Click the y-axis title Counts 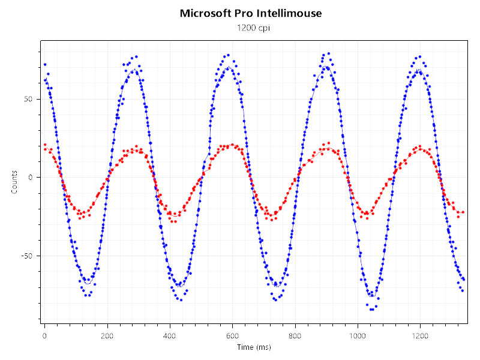14,182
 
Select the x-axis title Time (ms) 253,347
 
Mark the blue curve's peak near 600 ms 229,67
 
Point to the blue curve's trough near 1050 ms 372,295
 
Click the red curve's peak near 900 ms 326,148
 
